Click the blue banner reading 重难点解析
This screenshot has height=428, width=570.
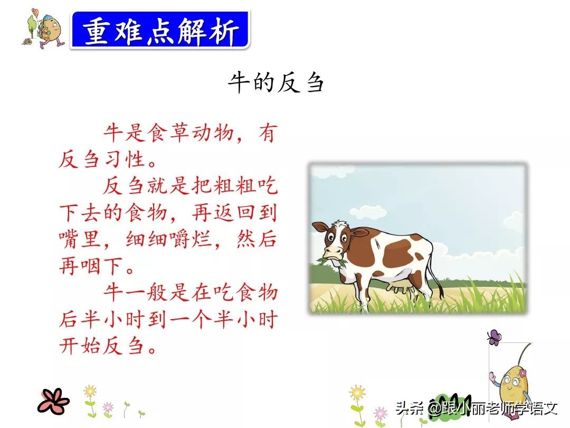click(160, 31)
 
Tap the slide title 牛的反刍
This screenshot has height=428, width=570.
click(275, 83)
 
